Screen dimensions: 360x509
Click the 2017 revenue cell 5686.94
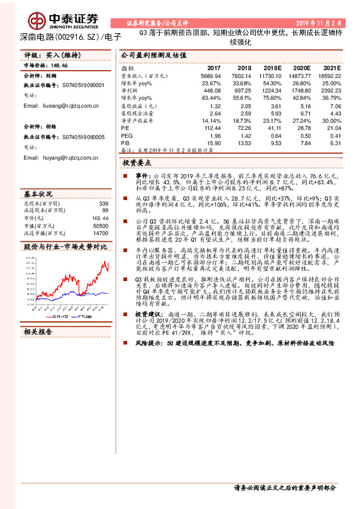211,76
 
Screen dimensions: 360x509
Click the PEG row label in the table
126,134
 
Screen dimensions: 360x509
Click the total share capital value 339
103,204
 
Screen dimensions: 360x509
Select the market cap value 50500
100,225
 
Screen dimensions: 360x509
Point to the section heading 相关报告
39,332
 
